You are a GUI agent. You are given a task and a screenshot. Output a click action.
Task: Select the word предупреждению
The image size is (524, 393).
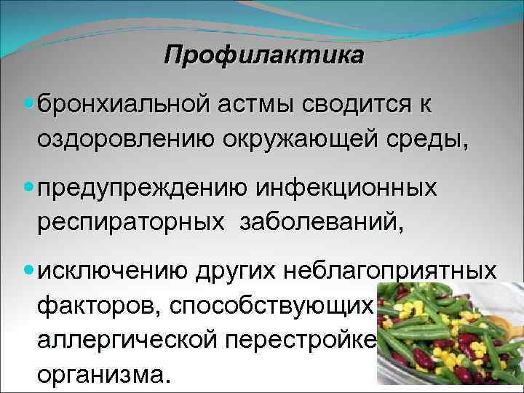142,188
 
